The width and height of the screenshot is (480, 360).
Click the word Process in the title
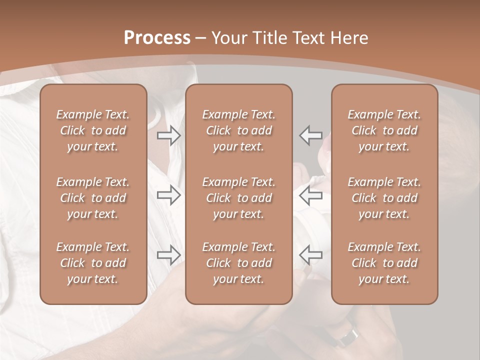pyautogui.click(x=157, y=38)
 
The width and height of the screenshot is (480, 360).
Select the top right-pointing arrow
pyautogui.click(x=169, y=135)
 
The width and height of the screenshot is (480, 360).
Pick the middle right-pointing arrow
pyautogui.click(x=169, y=195)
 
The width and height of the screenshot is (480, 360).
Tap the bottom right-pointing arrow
pyautogui.click(x=169, y=255)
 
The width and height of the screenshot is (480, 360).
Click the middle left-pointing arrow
pyautogui.click(x=310, y=195)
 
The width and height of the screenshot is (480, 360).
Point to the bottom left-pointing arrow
pyautogui.click(x=310, y=255)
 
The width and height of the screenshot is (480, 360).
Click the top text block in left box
pyautogui.click(x=93, y=130)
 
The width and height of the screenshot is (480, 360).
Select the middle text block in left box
pyautogui.click(x=93, y=198)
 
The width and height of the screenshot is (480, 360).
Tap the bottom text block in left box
pyautogui.click(x=93, y=263)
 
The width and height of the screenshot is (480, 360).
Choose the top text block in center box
pyautogui.click(x=238, y=130)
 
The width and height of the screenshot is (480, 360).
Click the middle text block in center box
pyautogui.click(x=238, y=198)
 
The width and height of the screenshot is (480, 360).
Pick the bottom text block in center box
pyautogui.click(x=238, y=263)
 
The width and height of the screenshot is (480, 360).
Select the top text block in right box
pyautogui.click(x=384, y=130)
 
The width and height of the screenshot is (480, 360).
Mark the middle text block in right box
pyautogui.click(x=384, y=198)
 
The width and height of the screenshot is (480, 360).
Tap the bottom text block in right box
pyautogui.click(x=384, y=263)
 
